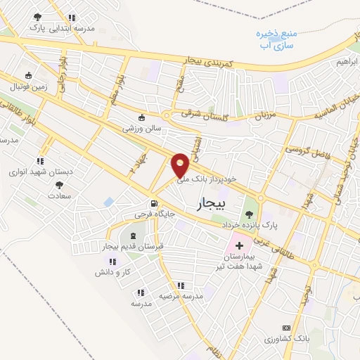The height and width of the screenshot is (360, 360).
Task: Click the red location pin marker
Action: pos(180,165)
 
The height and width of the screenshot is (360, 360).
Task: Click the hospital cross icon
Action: pos(239,246)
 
